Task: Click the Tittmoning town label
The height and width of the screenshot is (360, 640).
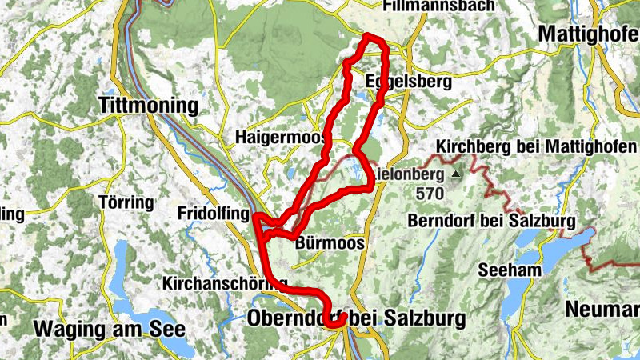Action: tap(148, 106)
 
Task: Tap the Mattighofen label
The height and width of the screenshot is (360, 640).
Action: tap(589, 34)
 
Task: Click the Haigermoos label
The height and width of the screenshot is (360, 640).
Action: tap(277, 138)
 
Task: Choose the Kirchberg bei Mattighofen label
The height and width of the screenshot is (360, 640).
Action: tap(537, 147)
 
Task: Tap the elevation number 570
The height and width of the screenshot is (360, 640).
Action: tap(433, 193)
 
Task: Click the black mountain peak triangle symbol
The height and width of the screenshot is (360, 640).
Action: tap(456, 172)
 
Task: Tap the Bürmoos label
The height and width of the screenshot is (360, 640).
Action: tap(330, 242)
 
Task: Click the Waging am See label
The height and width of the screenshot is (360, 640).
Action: tap(110, 328)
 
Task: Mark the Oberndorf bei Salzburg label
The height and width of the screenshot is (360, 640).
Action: tap(356, 318)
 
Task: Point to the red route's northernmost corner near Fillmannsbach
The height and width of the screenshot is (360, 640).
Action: tap(367, 37)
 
